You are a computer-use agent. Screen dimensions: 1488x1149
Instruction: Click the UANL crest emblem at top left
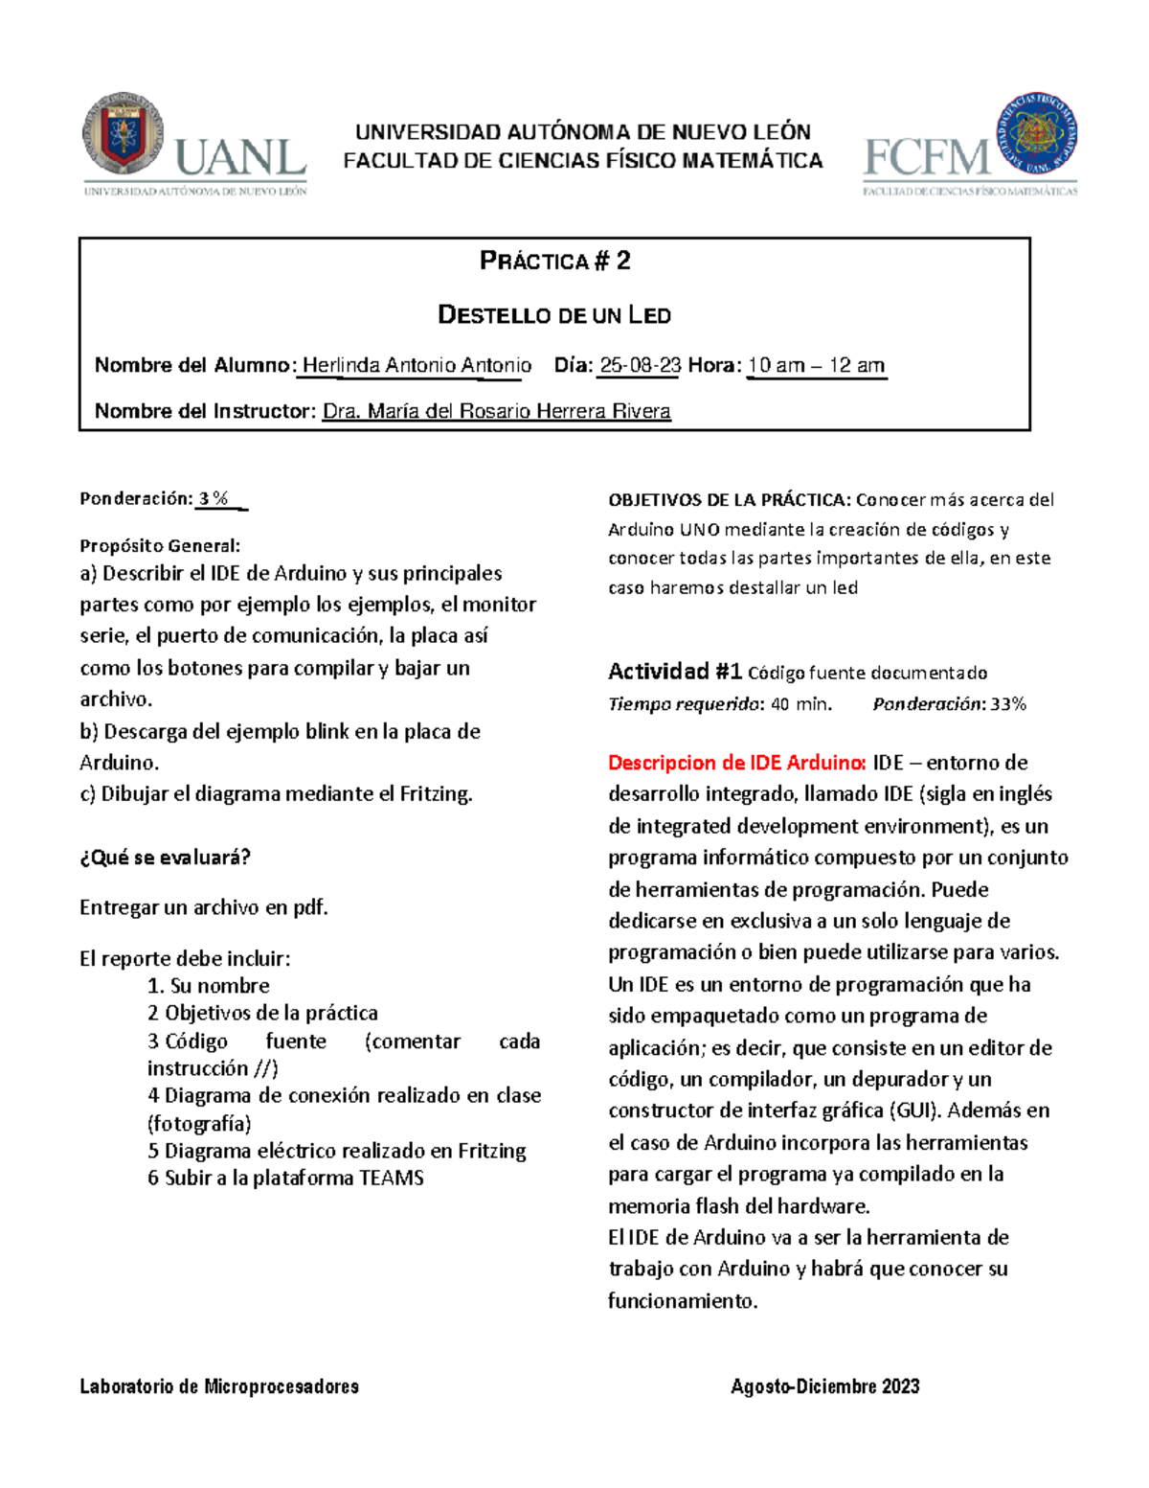point(123,133)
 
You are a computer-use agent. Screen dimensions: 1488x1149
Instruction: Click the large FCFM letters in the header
point(927,158)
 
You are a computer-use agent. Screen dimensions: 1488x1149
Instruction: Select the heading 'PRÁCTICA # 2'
point(554,262)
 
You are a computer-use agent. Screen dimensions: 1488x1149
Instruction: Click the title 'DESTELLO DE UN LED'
point(554,315)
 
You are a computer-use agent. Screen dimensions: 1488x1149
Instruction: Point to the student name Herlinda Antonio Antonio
point(417,365)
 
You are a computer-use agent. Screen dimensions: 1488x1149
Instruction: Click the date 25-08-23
point(640,365)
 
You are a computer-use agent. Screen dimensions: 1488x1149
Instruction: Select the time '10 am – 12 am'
point(816,365)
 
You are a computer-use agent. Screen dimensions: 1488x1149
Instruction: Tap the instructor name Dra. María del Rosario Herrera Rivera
point(496,411)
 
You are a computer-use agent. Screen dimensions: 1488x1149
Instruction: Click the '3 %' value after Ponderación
point(214,498)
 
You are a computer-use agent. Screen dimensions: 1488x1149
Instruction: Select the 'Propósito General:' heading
point(160,545)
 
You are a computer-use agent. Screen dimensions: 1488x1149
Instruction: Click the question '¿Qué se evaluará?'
point(165,858)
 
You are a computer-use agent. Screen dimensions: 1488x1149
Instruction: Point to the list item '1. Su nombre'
point(208,985)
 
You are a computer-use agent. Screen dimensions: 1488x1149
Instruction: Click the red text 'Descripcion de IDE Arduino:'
point(737,763)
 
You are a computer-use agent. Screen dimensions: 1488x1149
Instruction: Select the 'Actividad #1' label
point(674,672)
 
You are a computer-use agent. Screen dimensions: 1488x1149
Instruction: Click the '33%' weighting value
point(1007,704)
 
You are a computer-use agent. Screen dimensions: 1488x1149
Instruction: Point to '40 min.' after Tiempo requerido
point(801,704)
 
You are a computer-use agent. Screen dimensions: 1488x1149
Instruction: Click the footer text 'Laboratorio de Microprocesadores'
point(219,1386)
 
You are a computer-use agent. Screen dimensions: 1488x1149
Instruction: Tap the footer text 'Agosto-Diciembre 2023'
point(824,1386)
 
